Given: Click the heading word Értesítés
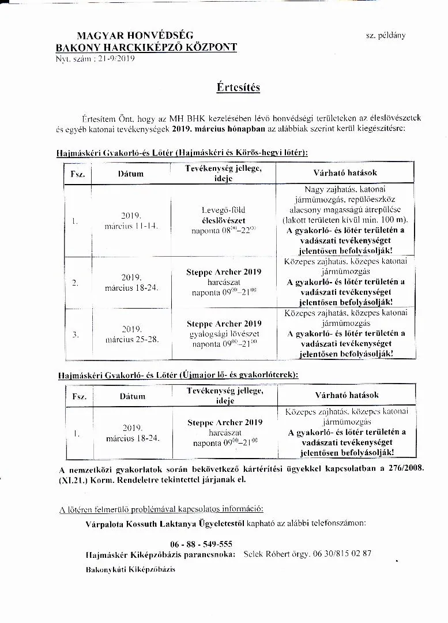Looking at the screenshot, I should coord(238,88).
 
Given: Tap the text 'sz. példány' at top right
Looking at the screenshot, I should coord(385,35).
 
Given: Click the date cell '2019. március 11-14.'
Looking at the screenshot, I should coord(131,221).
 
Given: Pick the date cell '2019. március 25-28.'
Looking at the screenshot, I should coord(131,335).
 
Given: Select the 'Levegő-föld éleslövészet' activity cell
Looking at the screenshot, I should coord(224,215).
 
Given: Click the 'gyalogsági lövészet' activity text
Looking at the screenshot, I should coord(224,334).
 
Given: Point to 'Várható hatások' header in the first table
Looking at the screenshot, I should coord(345,172).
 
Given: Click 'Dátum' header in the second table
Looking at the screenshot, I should coord(133,396).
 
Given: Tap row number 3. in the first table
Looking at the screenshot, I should coord(76,335).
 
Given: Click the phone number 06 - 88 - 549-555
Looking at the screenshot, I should coord(201,544).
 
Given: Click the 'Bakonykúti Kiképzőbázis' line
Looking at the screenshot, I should coord(130,569).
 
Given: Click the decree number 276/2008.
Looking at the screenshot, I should coord(402,468).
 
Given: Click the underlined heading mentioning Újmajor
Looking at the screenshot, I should coord(178,374).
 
